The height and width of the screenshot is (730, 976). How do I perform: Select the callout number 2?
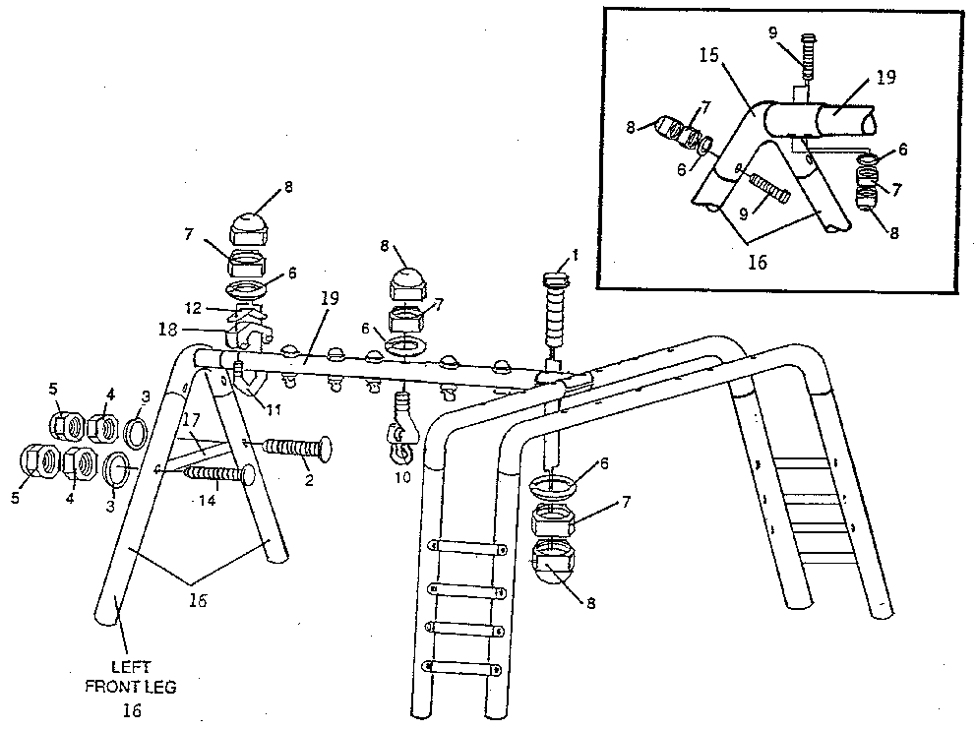tap(310, 480)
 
